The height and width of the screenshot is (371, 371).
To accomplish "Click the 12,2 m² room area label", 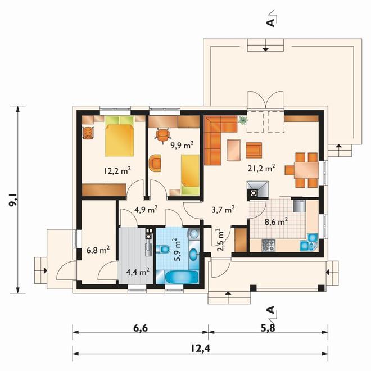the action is tap(117, 170).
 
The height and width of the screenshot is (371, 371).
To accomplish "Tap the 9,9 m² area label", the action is tap(182, 144).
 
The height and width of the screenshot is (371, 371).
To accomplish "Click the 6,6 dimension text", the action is tap(141, 328).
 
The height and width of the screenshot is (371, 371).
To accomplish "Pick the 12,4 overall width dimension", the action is tap(200, 349).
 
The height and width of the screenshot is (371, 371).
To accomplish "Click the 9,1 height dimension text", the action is tap(13, 200).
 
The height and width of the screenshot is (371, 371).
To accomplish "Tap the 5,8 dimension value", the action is tap(268, 328).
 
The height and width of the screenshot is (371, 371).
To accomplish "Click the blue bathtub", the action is tap(181, 277).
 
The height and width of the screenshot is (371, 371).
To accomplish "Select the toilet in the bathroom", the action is tap(163, 249).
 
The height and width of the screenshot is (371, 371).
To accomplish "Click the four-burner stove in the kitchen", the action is tap(269, 245).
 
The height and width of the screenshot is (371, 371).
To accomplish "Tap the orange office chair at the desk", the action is tap(162, 135).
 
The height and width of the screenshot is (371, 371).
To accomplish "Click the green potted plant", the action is tap(242, 120).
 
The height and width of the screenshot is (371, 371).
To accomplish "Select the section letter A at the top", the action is tap(271, 22).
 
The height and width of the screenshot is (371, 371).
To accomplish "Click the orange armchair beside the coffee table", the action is tap(254, 150).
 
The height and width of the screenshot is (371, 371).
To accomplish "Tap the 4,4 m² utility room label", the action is tap(138, 272).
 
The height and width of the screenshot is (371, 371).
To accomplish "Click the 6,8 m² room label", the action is tap(98, 250).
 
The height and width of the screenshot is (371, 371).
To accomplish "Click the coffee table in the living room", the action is tap(234, 150).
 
